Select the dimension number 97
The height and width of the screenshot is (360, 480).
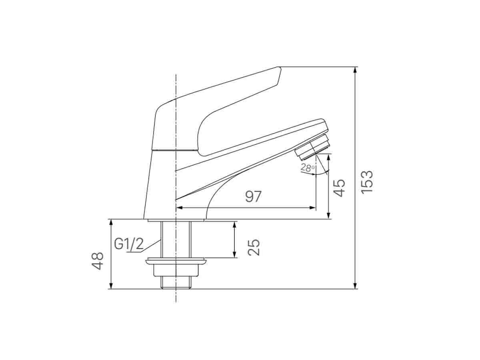tap(253, 197)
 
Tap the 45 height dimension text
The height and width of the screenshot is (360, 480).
tap(339, 188)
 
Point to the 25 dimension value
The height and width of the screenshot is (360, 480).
tap(254, 247)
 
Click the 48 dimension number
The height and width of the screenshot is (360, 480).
tap(98, 261)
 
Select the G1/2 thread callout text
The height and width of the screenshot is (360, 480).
tap(128, 244)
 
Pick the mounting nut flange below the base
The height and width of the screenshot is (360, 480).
tap(176, 262)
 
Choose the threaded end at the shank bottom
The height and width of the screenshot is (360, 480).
tap(176, 282)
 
